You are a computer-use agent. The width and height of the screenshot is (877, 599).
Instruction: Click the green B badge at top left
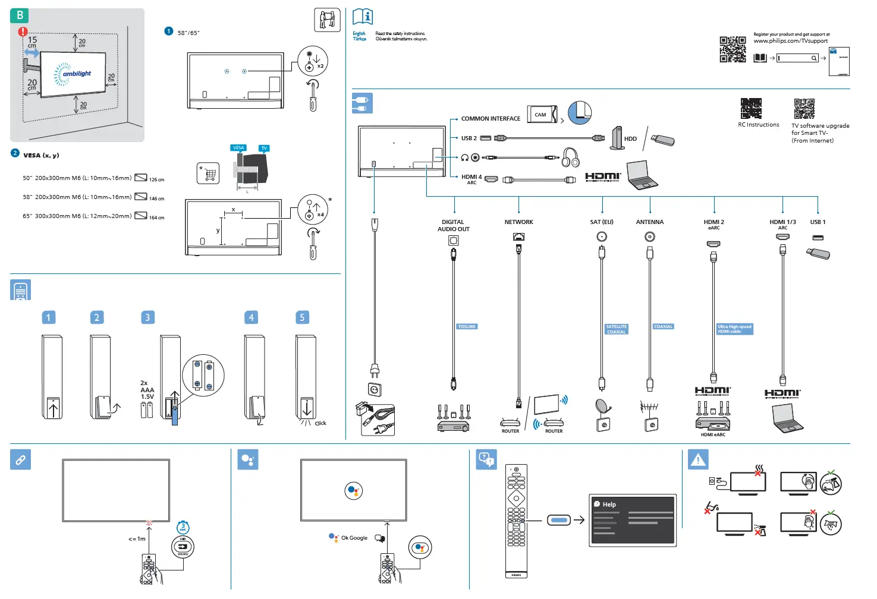click(x=20, y=15)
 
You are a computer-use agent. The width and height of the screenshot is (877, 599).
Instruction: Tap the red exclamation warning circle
click(x=23, y=31)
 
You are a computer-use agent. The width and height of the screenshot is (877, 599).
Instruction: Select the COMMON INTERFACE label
click(x=491, y=119)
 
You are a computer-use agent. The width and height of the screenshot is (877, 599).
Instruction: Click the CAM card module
click(x=542, y=114)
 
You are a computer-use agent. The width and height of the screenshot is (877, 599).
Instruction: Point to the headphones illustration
click(x=571, y=158)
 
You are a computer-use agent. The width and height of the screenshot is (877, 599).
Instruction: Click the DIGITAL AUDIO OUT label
click(x=453, y=226)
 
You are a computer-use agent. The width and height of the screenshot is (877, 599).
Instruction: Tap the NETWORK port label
click(x=518, y=222)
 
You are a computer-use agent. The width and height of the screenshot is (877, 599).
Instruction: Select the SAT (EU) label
click(x=601, y=222)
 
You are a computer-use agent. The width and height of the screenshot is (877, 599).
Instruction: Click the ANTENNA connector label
click(x=649, y=222)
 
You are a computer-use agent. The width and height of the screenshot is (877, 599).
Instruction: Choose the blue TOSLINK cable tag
click(x=467, y=327)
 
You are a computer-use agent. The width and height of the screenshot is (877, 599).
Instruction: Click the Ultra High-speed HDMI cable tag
click(x=734, y=329)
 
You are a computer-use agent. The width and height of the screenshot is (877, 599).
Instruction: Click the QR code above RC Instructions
click(x=751, y=109)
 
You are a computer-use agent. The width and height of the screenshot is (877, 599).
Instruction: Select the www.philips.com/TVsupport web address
click(x=790, y=41)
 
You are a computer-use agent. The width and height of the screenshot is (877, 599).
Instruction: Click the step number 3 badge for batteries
click(x=147, y=317)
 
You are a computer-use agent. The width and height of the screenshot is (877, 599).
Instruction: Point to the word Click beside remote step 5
click(x=320, y=424)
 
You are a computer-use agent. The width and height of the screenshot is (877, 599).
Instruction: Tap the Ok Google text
click(x=354, y=538)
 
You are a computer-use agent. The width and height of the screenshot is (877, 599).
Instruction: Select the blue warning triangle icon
click(x=698, y=460)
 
